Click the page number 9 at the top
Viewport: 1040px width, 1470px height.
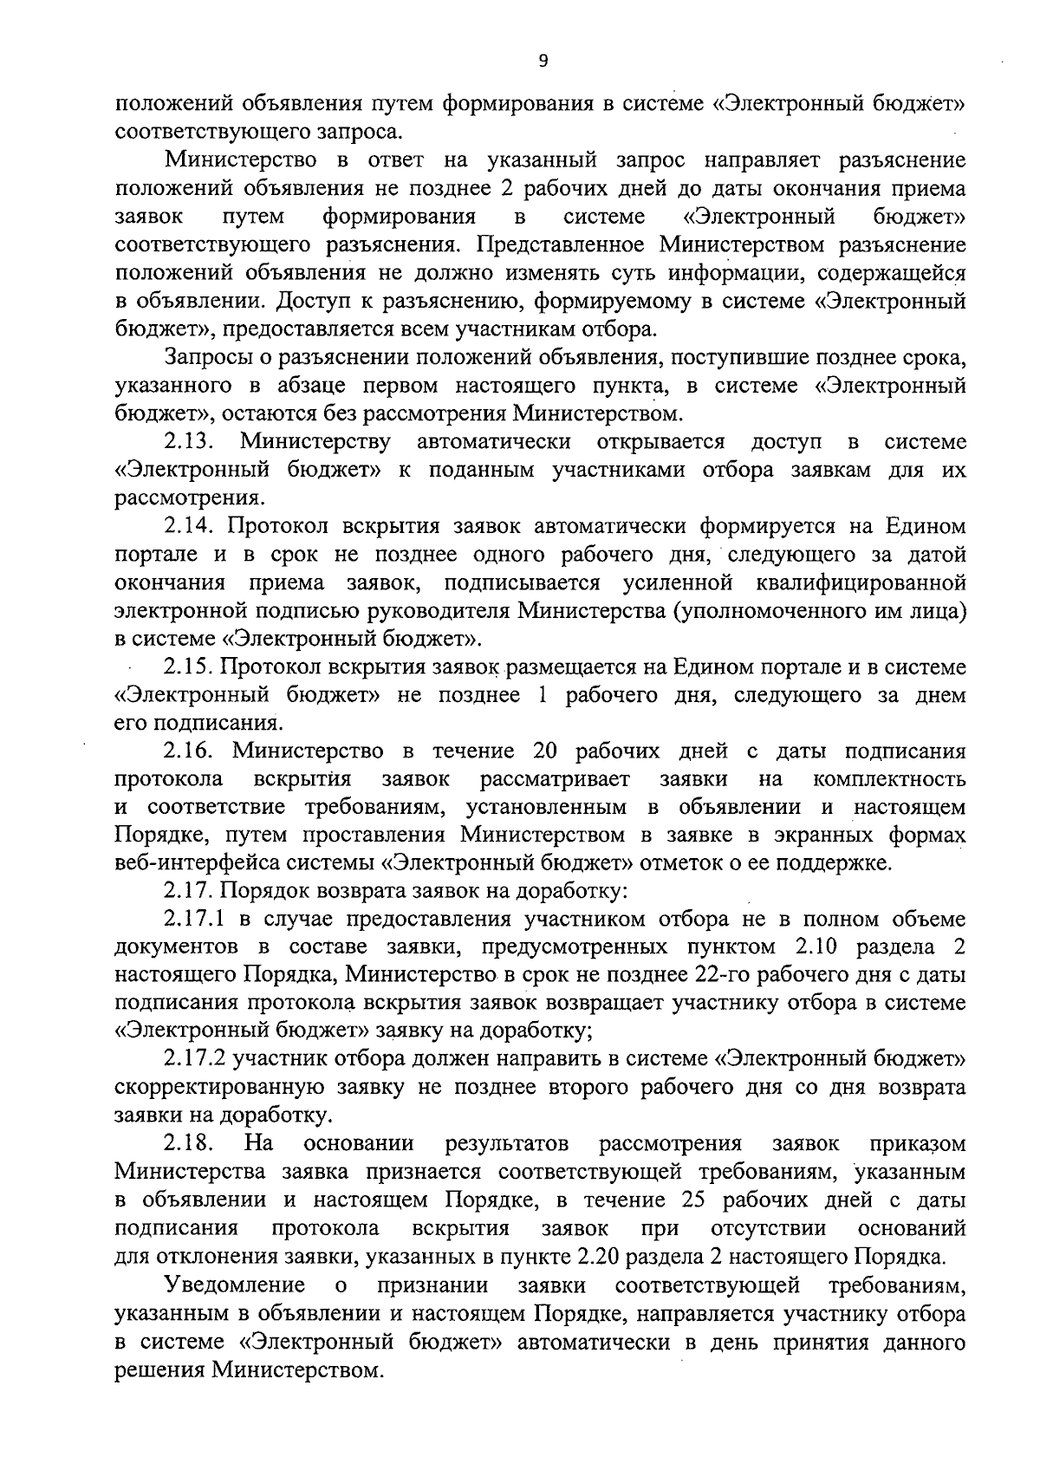543,60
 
